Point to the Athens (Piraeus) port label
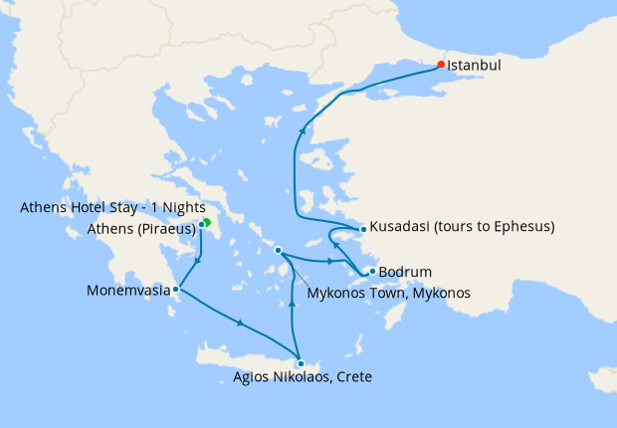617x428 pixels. click(x=138, y=226)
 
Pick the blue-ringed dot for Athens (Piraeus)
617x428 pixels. click(x=201, y=224)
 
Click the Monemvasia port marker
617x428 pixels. click(x=176, y=290)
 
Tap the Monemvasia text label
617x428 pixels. click(x=128, y=291)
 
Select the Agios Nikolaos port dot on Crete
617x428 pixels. click(x=301, y=363)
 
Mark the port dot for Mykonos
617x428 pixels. click(x=279, y=250)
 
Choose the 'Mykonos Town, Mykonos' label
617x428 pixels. click(x=388, y=293)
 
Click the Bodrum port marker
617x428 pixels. click(x=371, y=271)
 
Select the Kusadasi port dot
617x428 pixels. click(x=364, y=229)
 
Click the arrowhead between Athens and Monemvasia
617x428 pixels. click(x=199, y=261)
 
